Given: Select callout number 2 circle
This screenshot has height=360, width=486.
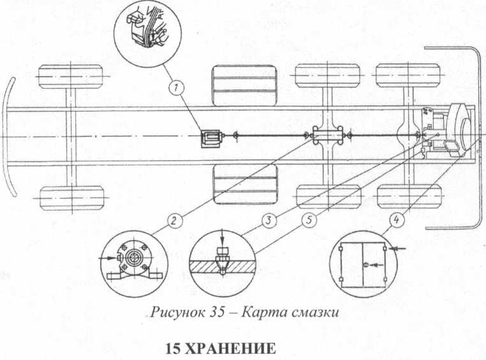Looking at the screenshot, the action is coord(174,220).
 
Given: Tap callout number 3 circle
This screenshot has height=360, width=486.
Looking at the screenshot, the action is coord(269,221).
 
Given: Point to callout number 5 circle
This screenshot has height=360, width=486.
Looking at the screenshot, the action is coord(309,221).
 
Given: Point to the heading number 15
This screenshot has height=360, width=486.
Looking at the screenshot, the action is coord(172,349).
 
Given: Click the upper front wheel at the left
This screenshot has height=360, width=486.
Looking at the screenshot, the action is coord(71,77).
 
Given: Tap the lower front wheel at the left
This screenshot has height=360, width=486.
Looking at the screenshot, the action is coord(71,199).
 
